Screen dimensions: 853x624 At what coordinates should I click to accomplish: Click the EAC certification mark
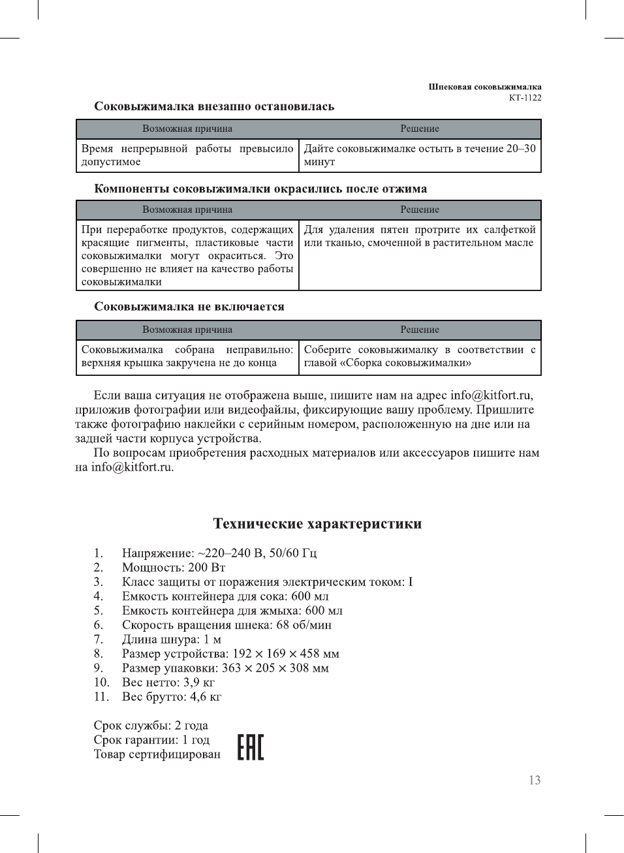pyautogui.click(x=251, y=747)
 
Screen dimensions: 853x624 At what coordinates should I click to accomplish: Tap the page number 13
pyautogui.click(x=535, y=780)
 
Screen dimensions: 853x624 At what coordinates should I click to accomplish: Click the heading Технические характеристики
pyautogui.click(x=317, y=523)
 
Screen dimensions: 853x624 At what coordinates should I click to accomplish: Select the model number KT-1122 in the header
pyautogui.click(x=525, y=98)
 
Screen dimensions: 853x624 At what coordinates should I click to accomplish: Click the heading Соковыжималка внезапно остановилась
pyautogui.click(x=214, y=106)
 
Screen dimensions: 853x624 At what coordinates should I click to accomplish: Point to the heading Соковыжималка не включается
pyautogui.click(x=189, y=307)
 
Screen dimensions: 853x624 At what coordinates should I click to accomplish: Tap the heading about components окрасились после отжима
pyautogui.click(x=260, y=189)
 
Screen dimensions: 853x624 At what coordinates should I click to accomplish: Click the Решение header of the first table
pyautogui.click(x=420, y=129)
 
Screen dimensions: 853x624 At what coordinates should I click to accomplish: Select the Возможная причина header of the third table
pyautogui.click(x=187, y=330)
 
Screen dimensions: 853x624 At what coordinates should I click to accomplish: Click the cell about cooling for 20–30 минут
pyautogui.click(x=420, y=155)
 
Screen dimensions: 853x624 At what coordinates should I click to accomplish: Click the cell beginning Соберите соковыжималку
pyautogui.click(x=420, y=356)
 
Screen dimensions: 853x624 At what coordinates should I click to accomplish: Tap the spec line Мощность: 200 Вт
pyautogui.click(x=174, y=567)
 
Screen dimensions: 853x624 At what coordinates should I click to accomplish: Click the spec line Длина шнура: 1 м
pyautogui.click(x=172, y=639)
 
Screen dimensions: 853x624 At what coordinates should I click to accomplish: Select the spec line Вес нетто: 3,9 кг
pyautogui.click(x=168, y=682)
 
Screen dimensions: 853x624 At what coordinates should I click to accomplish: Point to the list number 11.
pyautogui.click(x=101, y=696)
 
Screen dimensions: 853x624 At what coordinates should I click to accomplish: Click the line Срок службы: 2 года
pyautogui.click(x=151, y=725)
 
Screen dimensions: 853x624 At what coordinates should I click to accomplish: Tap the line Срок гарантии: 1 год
pyautogui.click(x=151, y=739)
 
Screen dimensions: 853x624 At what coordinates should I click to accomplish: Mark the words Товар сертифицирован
pyautogui.click(x=157, y=754)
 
